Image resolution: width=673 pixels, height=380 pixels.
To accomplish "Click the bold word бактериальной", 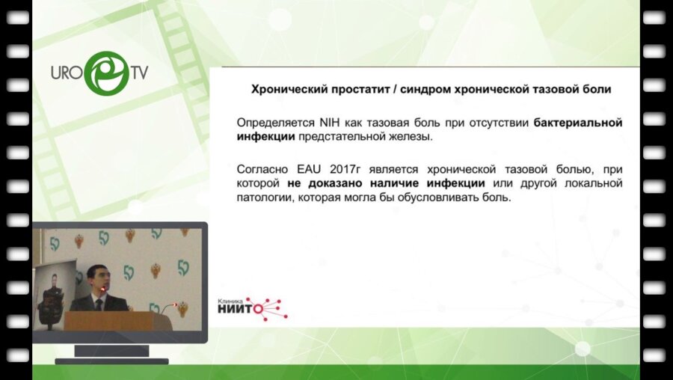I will pos(578,122).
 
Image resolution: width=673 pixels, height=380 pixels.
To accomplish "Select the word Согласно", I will pos(259,168).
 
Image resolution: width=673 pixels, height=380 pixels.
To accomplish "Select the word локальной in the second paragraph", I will pos(592,183).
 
